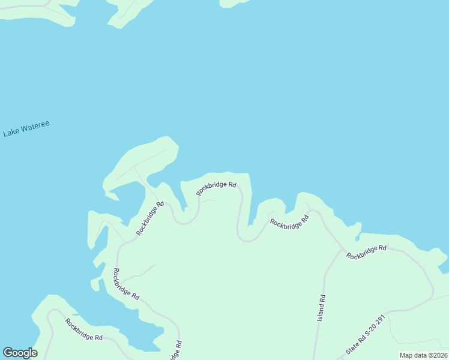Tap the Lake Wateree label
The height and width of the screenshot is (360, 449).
point(26,129)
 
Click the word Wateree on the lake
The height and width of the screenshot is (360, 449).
point(35,127)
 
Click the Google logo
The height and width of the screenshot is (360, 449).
point(20,353)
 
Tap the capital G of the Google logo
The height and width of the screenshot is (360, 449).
point(8,353)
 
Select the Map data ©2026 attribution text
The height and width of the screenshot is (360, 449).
point(423,355)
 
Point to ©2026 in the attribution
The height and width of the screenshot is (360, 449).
point(437,355)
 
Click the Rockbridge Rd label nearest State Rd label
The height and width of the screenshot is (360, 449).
point(366,251)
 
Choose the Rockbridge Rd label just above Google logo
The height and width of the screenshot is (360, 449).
point(85,329)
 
